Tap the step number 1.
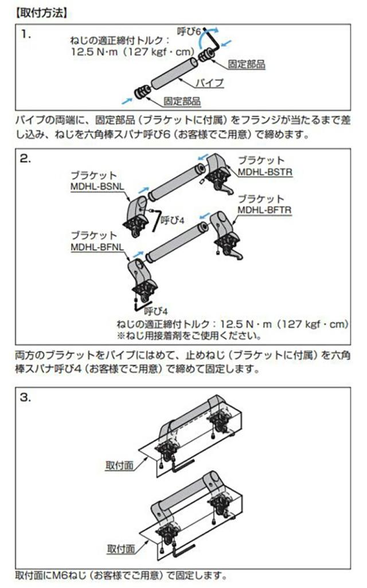[26, 34]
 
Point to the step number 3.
[26, 398]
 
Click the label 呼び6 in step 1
[189, 32]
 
